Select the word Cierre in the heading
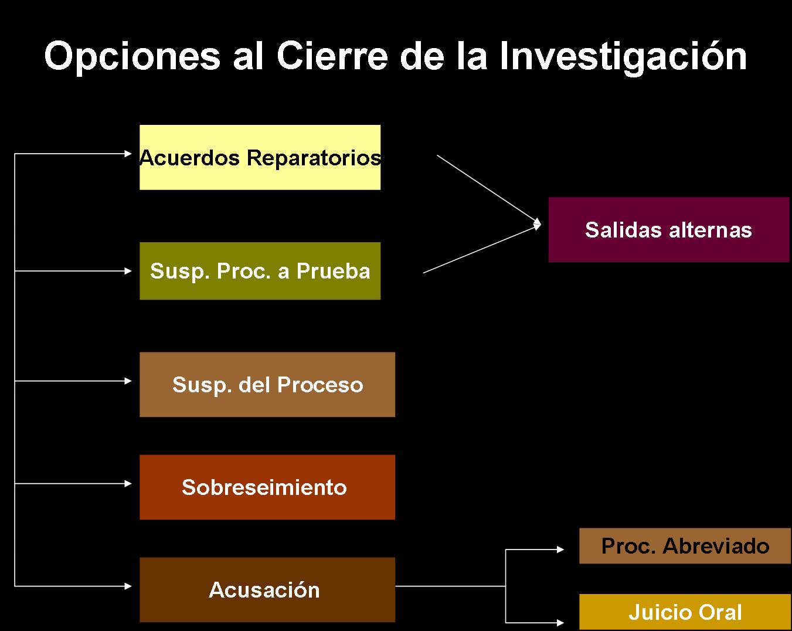(x=332, y=55)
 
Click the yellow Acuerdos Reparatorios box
(x=260, y=157)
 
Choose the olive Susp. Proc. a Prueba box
(x=260, y=270)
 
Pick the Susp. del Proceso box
(x=267, y=384)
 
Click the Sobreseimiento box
(x=267, y=487)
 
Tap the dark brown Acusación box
(x=267, y=589)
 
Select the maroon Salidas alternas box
(x=669, y=229)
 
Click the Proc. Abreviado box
(x=685, y=545)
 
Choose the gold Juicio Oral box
(x=685, y=612)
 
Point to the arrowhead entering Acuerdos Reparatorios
(x=128, y=154)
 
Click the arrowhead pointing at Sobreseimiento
(x=128, y=483)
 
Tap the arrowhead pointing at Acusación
(x=128, y=586)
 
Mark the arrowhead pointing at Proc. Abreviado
(x=560, y=549)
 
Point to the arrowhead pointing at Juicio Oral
(x=560, y=623)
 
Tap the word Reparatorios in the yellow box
(x=314, y=158)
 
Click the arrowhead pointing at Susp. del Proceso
(x=128, y=381)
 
